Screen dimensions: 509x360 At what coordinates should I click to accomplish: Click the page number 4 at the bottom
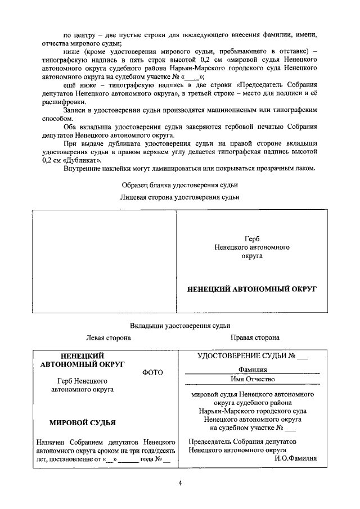click(x=180, y=483)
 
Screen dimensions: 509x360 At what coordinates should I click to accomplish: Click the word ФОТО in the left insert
click(x=153, y=372)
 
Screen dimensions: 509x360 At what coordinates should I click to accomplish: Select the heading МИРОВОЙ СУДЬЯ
click(x=83, y=422)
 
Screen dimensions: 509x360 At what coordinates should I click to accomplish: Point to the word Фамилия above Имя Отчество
click(x=252, y=370)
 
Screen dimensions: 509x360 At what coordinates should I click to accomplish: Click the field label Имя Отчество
click(x=252, y=380)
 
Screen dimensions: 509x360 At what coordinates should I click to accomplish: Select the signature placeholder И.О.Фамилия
click(x=296, y=458)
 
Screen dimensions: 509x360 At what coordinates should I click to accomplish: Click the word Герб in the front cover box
click(x=252, y=238)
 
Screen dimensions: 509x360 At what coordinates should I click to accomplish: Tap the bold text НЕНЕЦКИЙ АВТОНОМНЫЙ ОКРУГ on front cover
click(x=252, y=289)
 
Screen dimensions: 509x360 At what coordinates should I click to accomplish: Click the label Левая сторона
click(x=108, y=337)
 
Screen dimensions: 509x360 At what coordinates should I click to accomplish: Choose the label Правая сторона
click(x=255, y=337)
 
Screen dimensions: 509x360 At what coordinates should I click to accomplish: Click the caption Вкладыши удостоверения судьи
click(x=180, y=326)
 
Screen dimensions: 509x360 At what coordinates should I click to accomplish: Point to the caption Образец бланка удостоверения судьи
click(x=180, y=185)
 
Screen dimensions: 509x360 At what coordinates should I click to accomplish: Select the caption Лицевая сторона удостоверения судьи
click(x=180, y=197)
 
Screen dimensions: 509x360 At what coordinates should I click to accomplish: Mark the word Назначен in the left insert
click(x=50, y=442)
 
